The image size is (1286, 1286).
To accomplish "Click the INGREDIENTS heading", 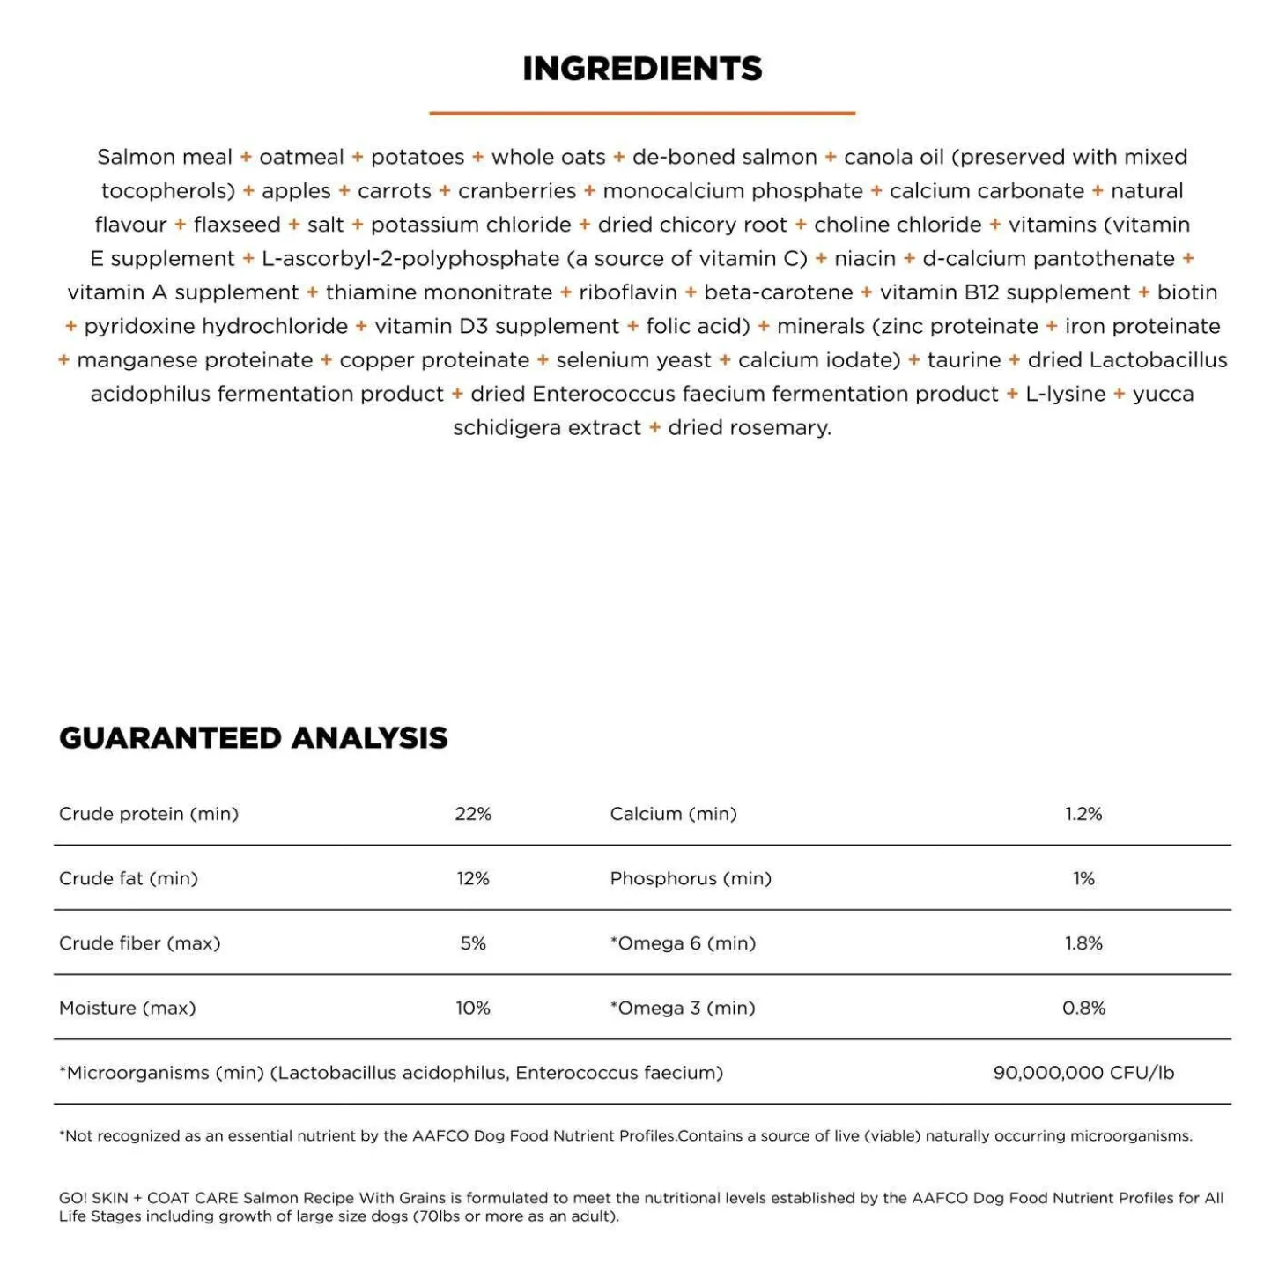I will coord(642,69).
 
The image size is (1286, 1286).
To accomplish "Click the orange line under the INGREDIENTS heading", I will coord(642,113).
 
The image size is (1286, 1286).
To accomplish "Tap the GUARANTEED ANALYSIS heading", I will coord(253,737).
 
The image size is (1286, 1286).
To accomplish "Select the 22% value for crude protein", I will coord(473,814).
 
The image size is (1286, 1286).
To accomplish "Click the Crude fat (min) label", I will coord(129,878).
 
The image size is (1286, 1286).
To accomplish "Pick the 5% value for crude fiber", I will coord(473,943).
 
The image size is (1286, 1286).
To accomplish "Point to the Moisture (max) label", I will coord(128,1008).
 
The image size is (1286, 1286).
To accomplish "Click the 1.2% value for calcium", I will coord(1083,814).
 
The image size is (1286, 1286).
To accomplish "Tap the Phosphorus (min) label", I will coord(691,878).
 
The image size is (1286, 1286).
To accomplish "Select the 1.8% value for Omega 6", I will coord(1083,943).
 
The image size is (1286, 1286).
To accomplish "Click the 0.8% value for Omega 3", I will coord(1083,1008).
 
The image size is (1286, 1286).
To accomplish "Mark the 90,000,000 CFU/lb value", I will coord(1083,1073).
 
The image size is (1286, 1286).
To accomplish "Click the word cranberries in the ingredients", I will coord(517,191).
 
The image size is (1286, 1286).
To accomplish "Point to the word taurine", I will coord(964,360).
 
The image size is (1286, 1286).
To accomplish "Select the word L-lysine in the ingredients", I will coord(1065,394).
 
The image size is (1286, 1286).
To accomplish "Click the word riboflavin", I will coord(628,292).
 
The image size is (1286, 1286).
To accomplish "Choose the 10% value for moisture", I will coord(473,1008).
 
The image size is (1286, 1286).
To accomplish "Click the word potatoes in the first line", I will coord(418,157).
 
